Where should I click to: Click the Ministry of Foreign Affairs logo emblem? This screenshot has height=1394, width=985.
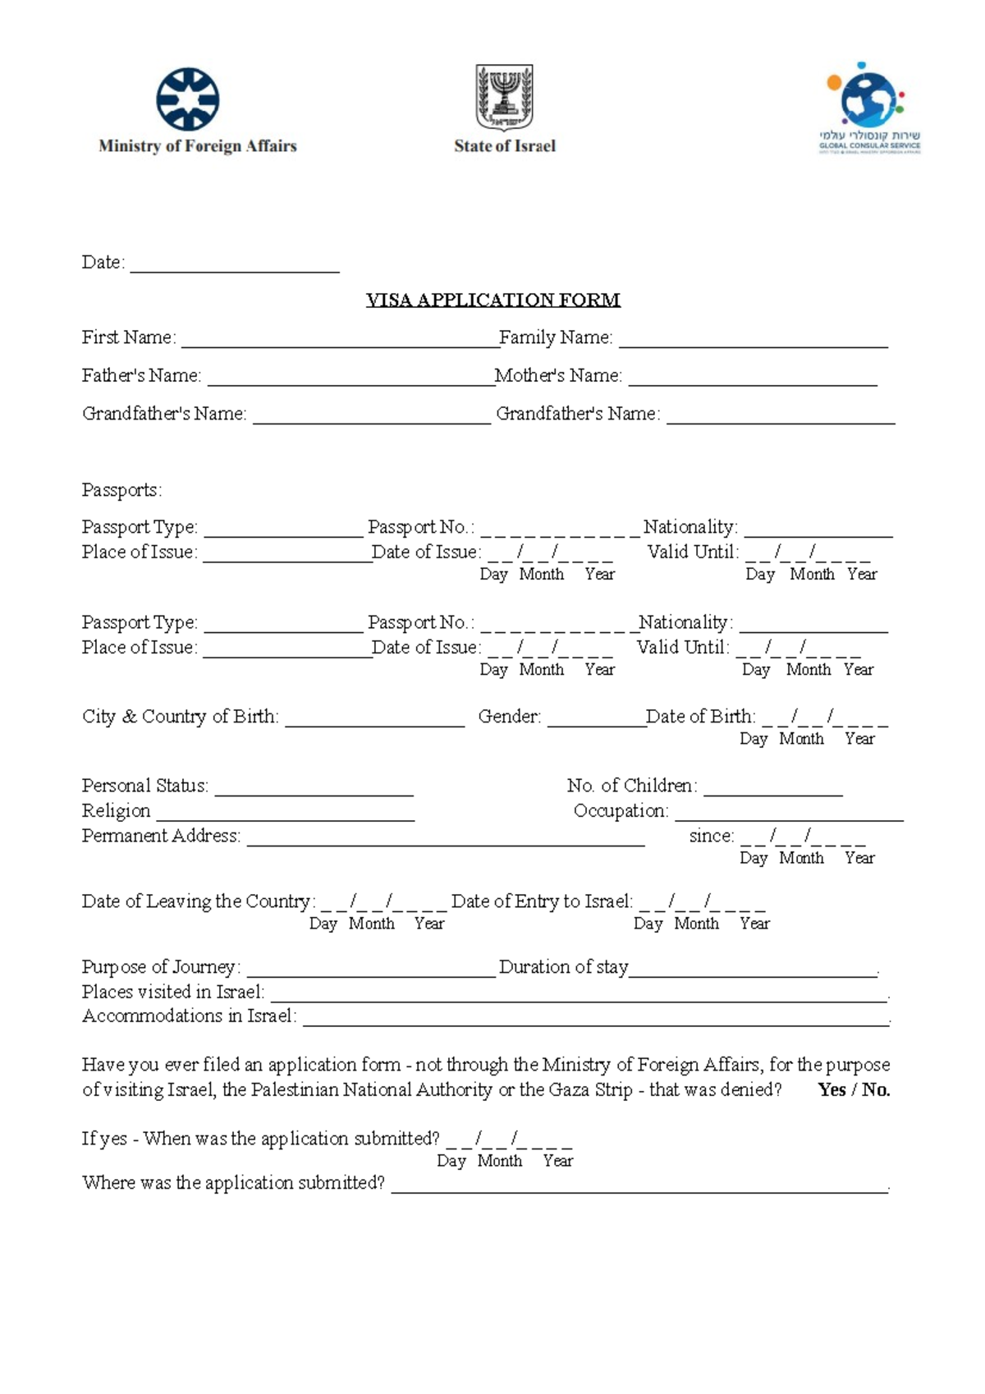point(188,99)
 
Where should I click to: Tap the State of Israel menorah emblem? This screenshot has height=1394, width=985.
point(505,98)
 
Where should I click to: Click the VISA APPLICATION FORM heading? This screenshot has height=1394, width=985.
point(492,300)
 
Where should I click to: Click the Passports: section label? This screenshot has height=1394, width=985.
point(122,490)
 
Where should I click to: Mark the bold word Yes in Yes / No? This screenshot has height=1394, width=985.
point(832,1089)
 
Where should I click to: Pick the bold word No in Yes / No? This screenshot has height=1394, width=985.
point(875,1089)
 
